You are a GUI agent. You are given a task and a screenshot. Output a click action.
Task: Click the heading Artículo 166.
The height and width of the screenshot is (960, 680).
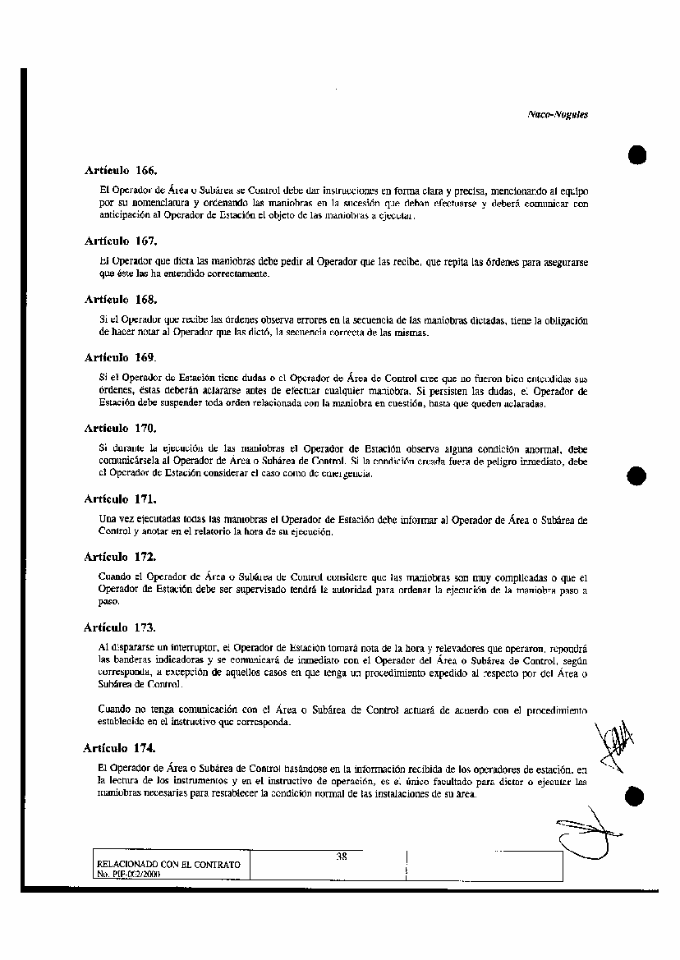[x=121, y=171]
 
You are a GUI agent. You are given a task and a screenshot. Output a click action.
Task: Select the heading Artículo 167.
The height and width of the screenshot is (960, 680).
[x=121, y=241]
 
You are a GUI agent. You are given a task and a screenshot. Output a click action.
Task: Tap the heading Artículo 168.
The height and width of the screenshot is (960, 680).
[x=121, y=300]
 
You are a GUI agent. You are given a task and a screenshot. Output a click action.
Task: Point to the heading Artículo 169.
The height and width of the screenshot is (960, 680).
[x=121, y=358]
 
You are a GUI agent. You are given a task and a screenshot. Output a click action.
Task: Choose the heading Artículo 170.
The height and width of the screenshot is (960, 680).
[x=121, y=428]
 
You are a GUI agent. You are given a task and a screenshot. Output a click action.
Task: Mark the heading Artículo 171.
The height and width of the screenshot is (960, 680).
[x=121, y=498]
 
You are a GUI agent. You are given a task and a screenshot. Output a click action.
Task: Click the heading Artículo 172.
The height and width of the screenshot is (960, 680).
[x=121, y=556]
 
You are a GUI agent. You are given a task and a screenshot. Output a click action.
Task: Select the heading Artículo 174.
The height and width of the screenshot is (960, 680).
[x=121, y=748]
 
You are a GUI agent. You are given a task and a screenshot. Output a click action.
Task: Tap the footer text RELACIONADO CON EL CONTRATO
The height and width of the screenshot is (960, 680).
[x=168, y=865]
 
